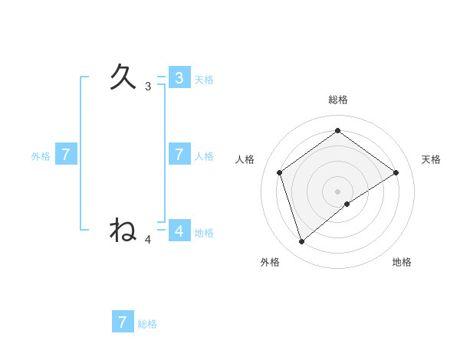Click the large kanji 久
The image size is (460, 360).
pos(123,77)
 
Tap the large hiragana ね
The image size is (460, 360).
pos(123,229)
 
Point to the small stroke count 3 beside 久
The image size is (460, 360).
pos(148,87)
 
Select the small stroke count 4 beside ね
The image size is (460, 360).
pos(148,239)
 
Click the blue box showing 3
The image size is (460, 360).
pos(179,78)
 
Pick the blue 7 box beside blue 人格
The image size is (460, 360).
pos(179,155)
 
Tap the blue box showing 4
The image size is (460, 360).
pos(179,230)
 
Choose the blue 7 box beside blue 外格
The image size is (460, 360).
pos(66,155)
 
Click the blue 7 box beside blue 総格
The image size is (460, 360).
pos(123,322)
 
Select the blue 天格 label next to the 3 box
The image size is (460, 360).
pos(204,80)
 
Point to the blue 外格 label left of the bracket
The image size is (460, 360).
pos(41,156)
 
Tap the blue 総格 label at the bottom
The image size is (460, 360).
pos(147,324)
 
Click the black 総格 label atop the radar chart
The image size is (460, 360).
pos(338,100)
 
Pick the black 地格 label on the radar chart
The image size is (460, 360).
pos(402,262)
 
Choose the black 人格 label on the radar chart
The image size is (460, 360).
pos(245,159)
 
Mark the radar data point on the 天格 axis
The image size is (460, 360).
pos(396,172)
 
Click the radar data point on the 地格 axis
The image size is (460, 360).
pos(347,204)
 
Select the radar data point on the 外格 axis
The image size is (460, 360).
pos(302,242)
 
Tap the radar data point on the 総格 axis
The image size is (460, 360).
pos(338,130)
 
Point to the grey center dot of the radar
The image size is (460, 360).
pos(338,191)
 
